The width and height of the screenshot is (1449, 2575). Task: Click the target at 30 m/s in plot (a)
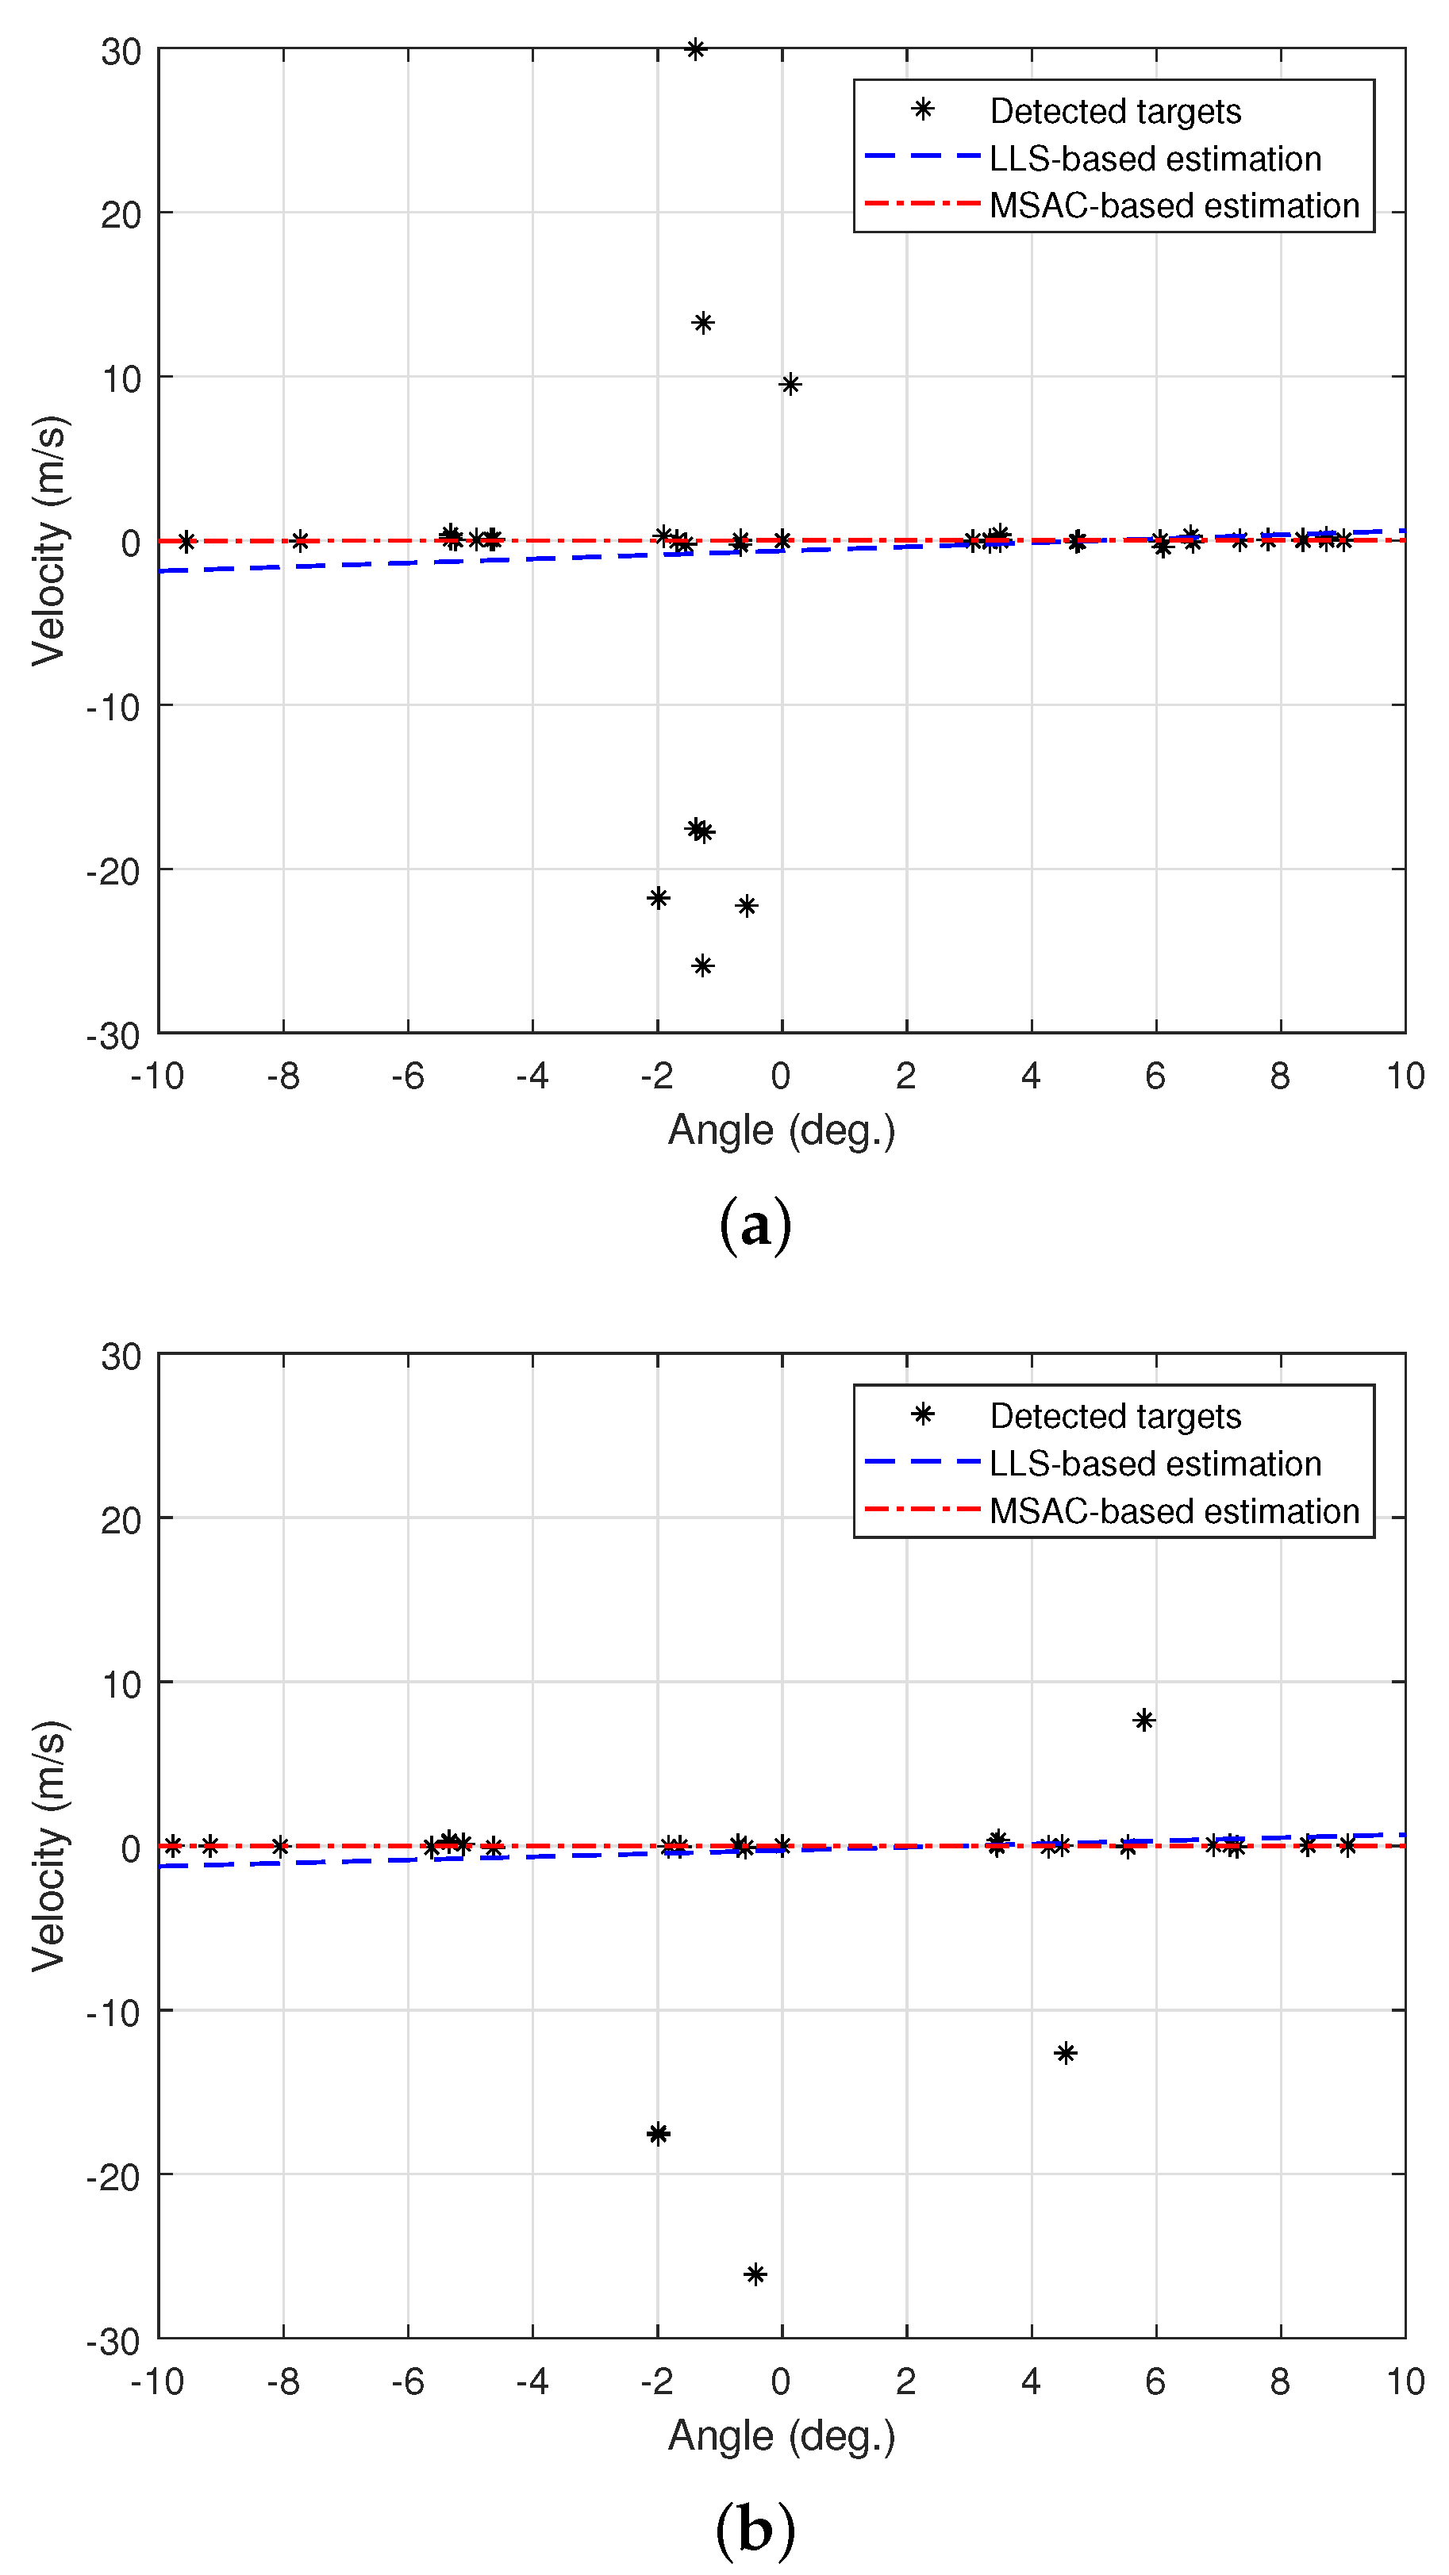coord(695,49)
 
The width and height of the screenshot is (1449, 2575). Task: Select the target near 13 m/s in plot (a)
coord(703,323)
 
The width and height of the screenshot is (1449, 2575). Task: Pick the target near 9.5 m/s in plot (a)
coord(790,384)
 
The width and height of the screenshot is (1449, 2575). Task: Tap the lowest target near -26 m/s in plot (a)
coord(703,965)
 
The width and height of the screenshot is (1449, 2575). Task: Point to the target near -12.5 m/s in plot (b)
coord(1066,2053)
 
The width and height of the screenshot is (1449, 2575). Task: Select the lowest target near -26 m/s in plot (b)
coord(755,2275)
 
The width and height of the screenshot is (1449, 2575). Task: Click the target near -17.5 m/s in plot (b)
coord(658,2134)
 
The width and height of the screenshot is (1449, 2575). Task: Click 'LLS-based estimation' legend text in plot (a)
coord(1155,159)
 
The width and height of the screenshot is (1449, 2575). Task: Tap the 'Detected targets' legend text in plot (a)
coord(1115,111)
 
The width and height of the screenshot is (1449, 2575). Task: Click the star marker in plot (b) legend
coord(923,1414)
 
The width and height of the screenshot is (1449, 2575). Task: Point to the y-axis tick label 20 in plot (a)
coord(121,215)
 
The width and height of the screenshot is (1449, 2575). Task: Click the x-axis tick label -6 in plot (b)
coord(407,2383)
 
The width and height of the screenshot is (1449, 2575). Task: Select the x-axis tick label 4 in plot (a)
coord(1031,1076)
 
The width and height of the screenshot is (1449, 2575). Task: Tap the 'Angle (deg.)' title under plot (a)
coord(781,1130)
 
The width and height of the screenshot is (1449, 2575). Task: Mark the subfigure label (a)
coord(755,1226)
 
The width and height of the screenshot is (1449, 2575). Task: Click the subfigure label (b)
coord(755,2530)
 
